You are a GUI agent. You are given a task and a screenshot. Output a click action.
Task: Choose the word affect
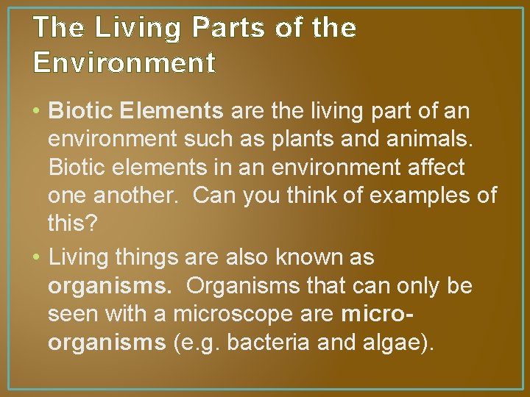(431, 168)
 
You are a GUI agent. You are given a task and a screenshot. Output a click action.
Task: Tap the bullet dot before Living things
(37, 258)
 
